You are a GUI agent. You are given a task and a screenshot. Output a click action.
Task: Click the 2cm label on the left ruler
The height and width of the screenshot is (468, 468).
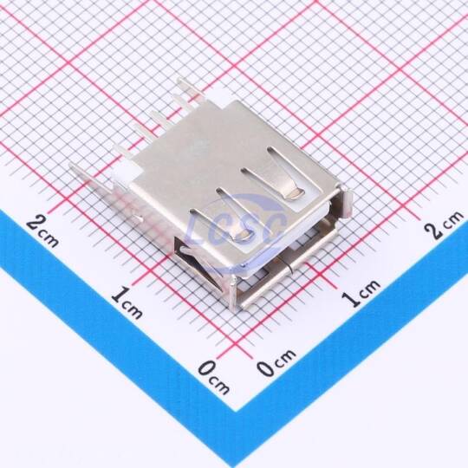[42, 231]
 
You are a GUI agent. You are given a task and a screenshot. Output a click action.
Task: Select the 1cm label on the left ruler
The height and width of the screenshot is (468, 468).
[127, 302]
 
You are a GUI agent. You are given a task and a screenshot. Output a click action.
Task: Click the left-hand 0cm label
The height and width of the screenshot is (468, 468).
[214, 377]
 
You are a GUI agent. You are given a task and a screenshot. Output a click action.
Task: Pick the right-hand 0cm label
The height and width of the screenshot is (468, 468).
[276, 361]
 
